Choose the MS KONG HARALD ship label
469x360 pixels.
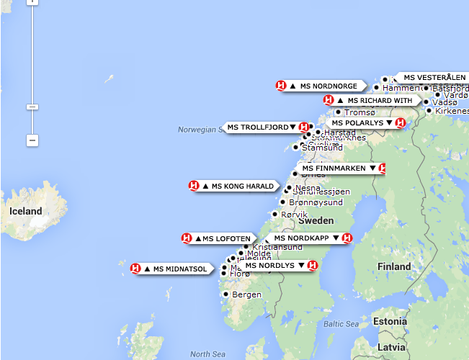point(237,186)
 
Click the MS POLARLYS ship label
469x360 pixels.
point(357,123)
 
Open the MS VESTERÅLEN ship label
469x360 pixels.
point(429,78)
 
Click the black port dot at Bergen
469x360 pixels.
point(225,294)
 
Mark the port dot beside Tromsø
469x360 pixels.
point(339,112)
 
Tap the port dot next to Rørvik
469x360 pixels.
point(274,214)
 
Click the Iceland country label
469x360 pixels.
point(25,211)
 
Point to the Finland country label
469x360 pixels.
point(393,266)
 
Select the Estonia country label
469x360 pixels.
point(390,321)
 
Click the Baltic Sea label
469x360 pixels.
point(341,324)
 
